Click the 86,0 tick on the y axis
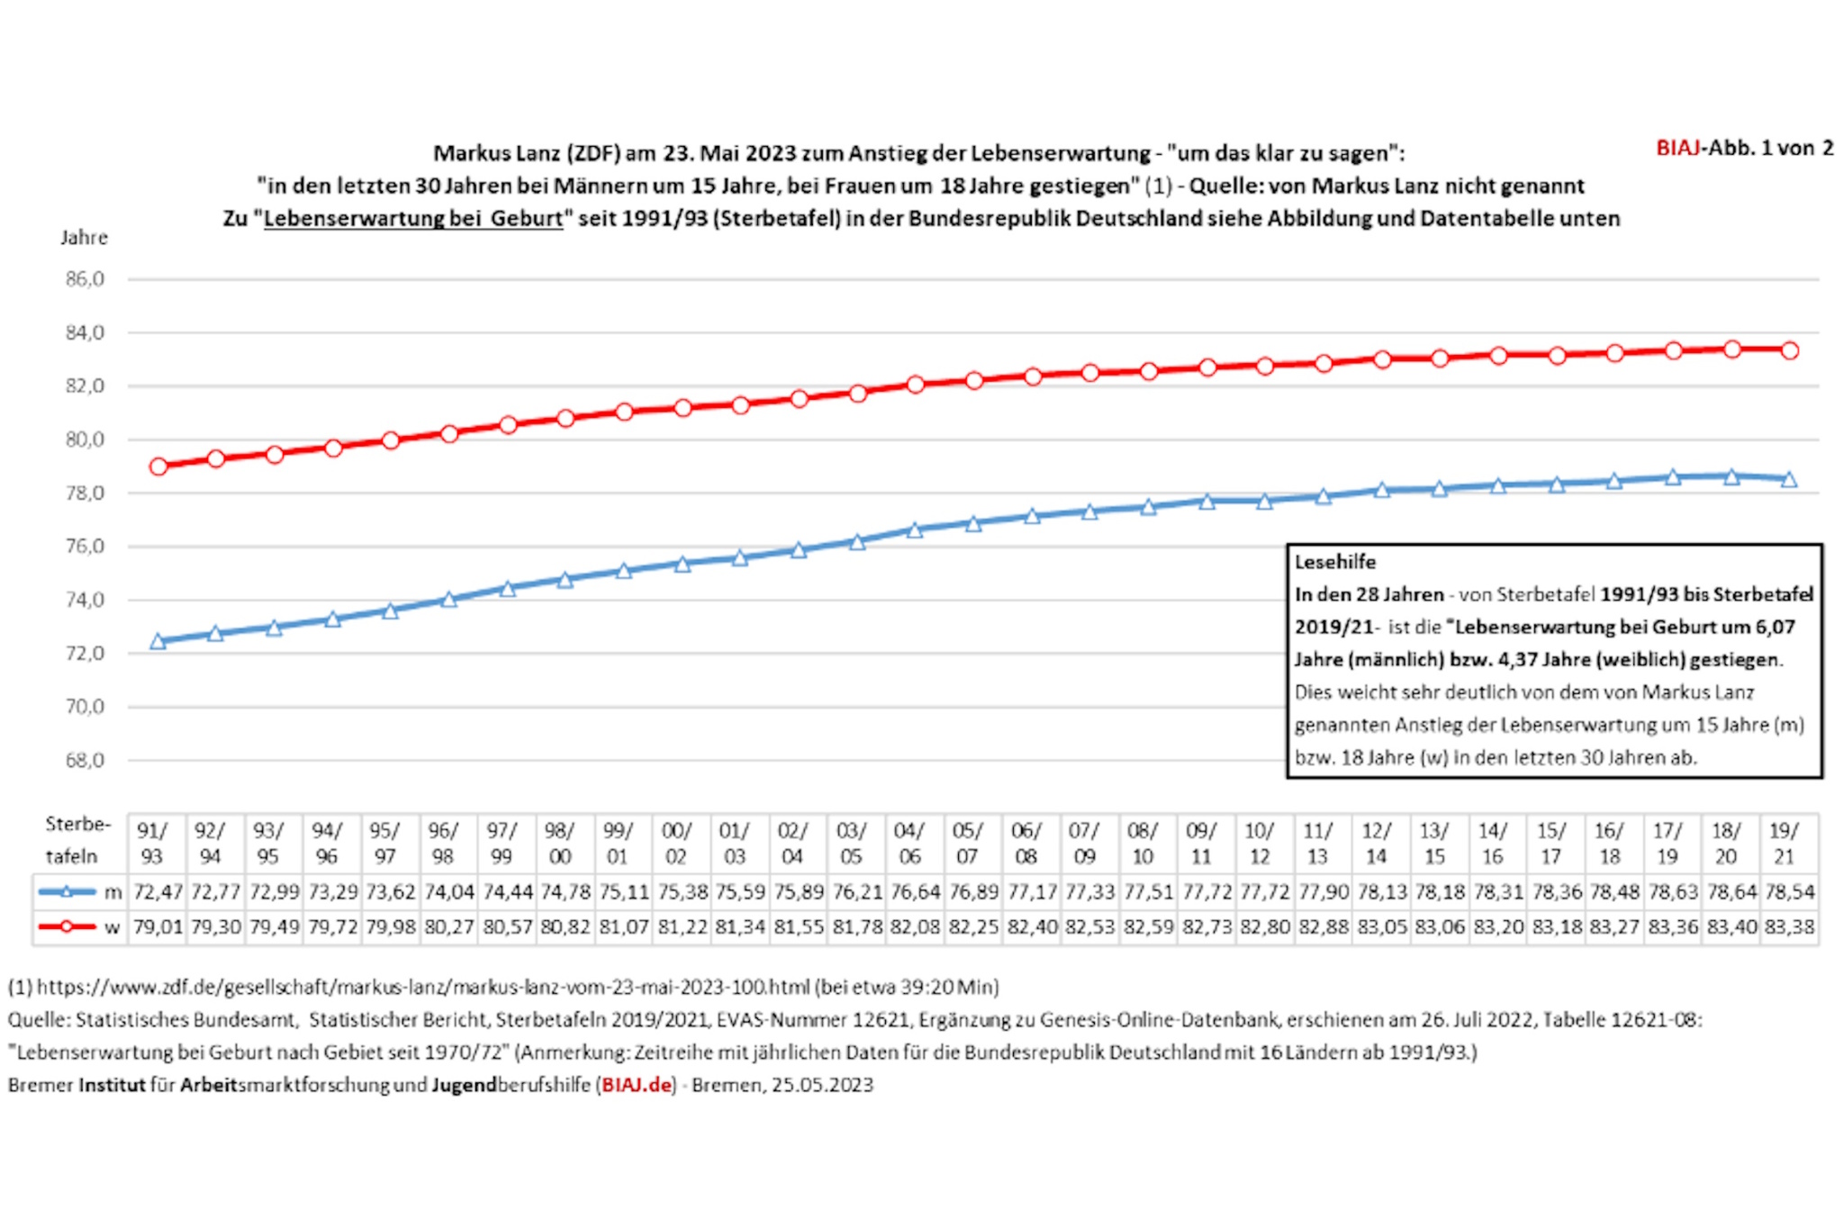tap(85, 279)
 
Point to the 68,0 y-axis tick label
tap(85, 760)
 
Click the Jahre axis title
tap(84, 238)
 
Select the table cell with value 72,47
tap(158, 892)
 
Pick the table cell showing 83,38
tap(1789, 926)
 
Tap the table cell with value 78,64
tap(1731, 892)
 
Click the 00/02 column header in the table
tap(675, 843)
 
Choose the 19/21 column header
tap(1784, 843)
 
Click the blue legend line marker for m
tap(67, 892)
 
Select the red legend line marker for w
tap(67, 926)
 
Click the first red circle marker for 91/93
tap(158, 466)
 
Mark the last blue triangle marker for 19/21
tap(1789, 480)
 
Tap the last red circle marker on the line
tap(1790, 351)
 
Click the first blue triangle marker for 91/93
tap(158, 641)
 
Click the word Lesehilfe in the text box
tap(1335, 562)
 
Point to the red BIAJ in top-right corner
tap(1677, 149)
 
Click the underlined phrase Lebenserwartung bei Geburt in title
tap(413, 219)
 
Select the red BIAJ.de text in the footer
tap(637, 1085)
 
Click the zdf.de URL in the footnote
tap(423, 987)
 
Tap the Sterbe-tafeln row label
tap(77, 840)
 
